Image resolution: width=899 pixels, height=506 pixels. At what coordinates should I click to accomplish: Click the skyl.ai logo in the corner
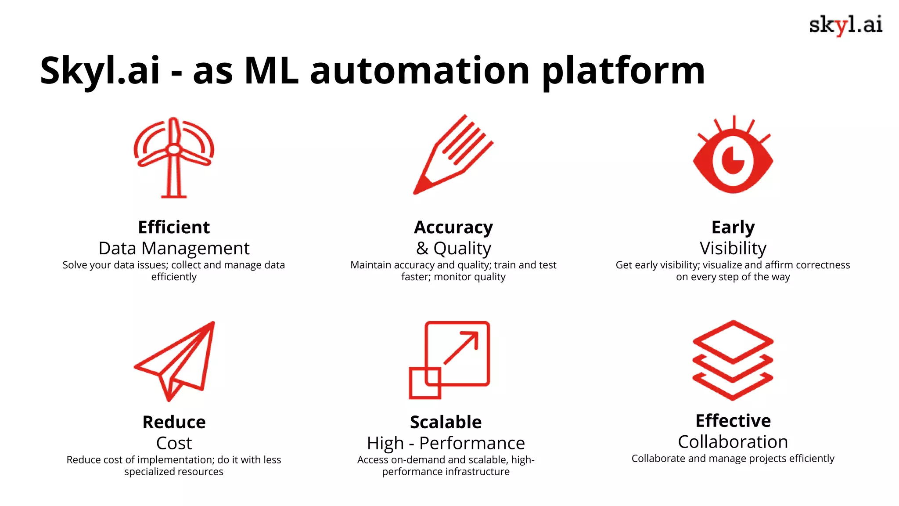pos(845,25)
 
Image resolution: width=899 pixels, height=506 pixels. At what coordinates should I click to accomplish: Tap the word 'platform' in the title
pos(623,71)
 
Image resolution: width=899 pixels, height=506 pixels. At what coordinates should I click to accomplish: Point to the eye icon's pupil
pos(733,161)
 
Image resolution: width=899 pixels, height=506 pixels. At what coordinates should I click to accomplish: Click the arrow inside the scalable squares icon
pos(461,348)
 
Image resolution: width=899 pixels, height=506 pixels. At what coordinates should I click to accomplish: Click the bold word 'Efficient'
pos(174,228)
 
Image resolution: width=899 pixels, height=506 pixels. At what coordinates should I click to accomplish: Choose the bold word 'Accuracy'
pos(453,228)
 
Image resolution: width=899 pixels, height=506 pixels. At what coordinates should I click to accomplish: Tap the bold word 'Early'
pos(733,228)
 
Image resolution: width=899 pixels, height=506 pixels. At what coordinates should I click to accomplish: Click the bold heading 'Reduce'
pos(174,422)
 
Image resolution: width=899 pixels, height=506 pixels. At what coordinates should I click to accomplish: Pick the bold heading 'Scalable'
pos(446,422)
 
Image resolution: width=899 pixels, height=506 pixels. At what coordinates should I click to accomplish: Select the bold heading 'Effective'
pos(733,421)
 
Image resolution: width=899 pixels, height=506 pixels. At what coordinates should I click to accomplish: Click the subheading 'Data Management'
pos(174,249)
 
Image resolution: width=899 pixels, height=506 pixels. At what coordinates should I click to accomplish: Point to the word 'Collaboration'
pos(733,442)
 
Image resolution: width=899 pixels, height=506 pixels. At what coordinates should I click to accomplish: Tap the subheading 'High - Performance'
pos(446,443)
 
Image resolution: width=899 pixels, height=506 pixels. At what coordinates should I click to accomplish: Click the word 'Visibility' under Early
pos(733,249)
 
